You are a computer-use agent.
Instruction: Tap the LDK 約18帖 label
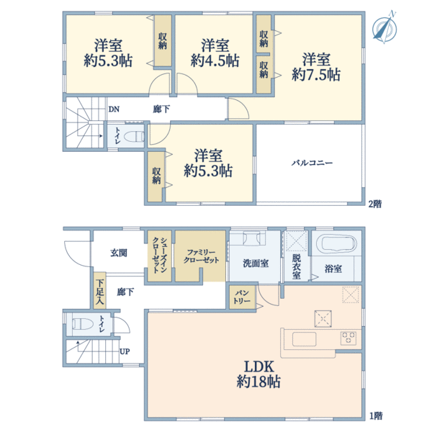(258, 374)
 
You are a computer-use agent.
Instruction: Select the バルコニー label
(312, 163)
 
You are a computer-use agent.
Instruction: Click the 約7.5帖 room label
(316, 67)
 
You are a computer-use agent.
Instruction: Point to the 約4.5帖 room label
(215, 53)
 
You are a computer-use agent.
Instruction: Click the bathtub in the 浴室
(337, 243)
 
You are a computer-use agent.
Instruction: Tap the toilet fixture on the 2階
(134, 136)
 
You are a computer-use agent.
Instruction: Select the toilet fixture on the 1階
(82, 324)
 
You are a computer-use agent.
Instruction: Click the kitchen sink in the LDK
(304, 339)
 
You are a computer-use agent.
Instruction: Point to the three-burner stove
(348, 338)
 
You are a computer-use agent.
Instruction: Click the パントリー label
(242, 297)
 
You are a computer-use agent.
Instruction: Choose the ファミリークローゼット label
(201, 256)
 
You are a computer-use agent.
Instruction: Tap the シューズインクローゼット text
(160, 255)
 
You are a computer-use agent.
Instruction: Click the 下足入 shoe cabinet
(100, 291)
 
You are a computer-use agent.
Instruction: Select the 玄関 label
(119, 253)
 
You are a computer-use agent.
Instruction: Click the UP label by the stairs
(125, 351)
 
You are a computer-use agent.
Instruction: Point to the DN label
(114, 109)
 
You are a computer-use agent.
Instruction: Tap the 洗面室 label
(256, 263)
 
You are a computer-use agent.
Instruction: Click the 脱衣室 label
(297, 266)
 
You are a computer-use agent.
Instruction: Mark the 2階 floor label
(375, 204)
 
